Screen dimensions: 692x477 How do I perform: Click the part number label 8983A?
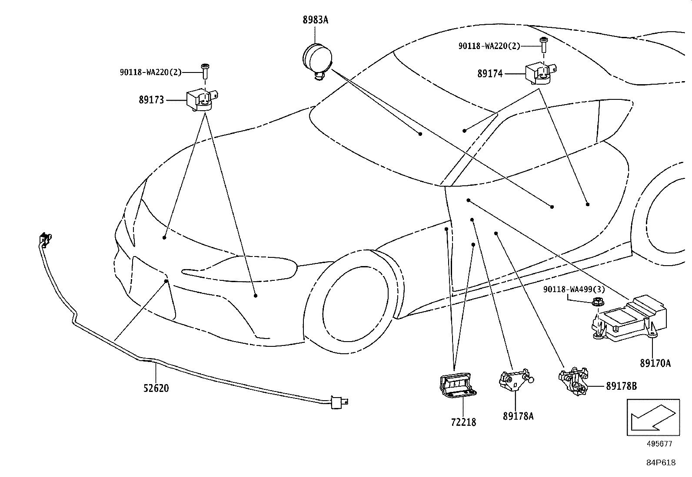[315, 20]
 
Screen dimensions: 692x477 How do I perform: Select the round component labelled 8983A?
[317, 61]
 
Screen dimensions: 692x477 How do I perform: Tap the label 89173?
[151, 100]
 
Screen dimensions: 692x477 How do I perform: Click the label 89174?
[490, 74]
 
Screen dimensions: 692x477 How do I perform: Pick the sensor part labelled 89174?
[541, 74]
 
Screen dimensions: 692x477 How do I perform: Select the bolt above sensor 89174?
[543, 45]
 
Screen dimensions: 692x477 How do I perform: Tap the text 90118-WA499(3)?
[574, 289]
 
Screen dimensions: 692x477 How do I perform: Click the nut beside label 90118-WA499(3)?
[598, 302]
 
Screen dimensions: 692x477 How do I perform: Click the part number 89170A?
[655, 363]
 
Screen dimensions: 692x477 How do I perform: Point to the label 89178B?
[621, 386]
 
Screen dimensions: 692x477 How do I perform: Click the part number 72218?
[463, 422]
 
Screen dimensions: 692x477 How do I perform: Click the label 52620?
[156, 388]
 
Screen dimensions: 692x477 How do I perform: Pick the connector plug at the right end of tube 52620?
[339, 402]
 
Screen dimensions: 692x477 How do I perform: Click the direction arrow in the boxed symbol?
[653, 418]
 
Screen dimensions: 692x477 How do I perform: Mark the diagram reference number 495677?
[659, 444]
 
